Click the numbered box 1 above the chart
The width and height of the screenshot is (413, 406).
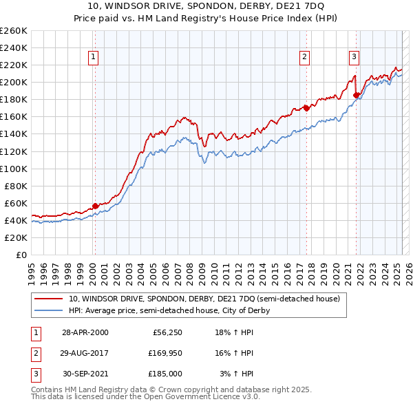(94, 58)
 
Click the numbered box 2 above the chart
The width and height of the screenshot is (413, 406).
(304, 58)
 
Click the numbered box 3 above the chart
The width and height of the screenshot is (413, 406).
(354, 58)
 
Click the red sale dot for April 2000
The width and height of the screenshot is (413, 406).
(95, 206)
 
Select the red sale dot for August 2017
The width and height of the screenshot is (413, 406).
(306, 107)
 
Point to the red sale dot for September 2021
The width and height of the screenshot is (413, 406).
(356, 95)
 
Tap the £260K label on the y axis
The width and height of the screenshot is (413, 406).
(14, 31)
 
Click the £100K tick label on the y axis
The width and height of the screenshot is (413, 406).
(14, 169)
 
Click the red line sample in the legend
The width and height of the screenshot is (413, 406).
(49, 299)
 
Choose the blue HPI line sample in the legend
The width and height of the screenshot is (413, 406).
(49, 310)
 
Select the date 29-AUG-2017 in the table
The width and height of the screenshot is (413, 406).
(85, 353)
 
